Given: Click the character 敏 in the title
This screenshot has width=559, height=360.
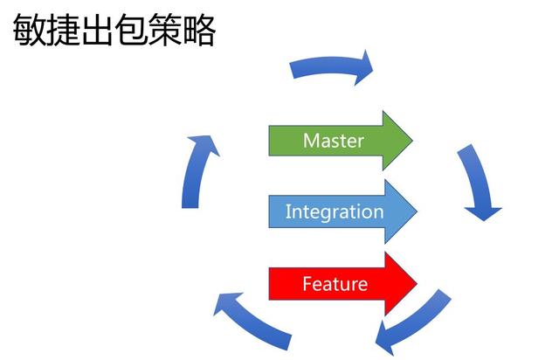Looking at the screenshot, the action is click(29, 30).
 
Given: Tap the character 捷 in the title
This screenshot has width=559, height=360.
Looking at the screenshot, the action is click(63, 30).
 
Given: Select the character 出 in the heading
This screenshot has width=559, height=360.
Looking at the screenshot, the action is click(97, 30).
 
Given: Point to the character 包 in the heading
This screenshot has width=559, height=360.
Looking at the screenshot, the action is click(131, 30).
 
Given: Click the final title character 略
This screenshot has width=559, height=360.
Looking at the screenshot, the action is click(198, 30).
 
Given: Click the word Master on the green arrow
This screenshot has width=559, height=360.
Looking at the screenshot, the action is click(334, 141).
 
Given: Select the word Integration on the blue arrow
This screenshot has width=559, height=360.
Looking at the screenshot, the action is click(335, 211).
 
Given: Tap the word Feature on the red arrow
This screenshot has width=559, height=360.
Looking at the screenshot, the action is click(335, 284).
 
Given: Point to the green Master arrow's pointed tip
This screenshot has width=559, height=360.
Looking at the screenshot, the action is click(412, 141).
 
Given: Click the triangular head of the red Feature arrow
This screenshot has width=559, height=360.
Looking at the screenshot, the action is click(401, 284).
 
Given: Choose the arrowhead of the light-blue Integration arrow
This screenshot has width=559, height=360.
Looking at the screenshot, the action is click(401, 211).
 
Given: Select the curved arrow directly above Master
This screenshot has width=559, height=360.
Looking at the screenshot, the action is click(330, 66).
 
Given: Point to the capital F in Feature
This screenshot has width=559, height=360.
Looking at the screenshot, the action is click(307, 284).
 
